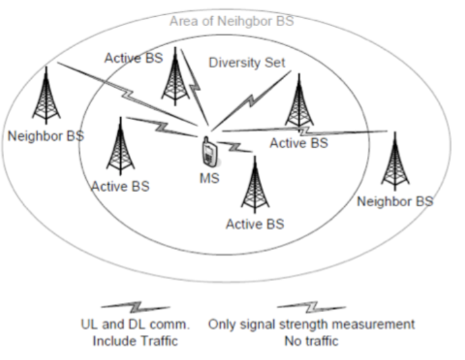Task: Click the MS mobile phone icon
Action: [x=209, y=153]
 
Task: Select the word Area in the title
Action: [x=183, y=21]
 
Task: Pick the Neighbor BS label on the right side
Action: [x=395, y=201]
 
